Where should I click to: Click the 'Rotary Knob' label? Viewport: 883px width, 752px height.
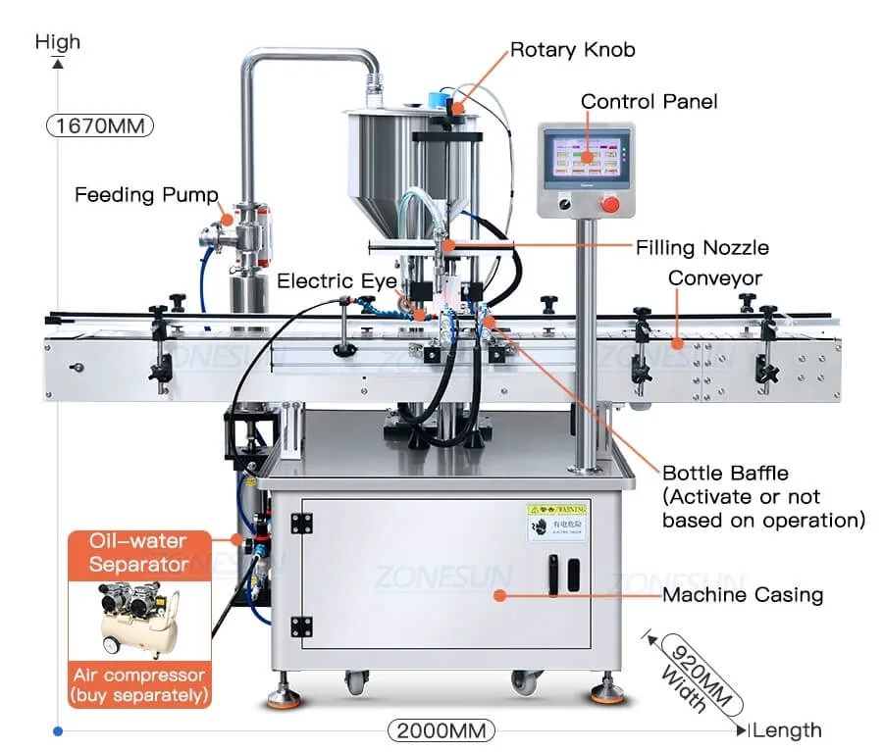coord(572,50)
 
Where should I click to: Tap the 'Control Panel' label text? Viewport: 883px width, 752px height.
coord(649,101)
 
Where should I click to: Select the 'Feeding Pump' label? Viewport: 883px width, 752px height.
coord(146,195)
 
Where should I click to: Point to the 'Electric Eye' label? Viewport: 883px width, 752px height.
coord(337,281)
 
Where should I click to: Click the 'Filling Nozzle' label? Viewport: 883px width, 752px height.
coord(701,247)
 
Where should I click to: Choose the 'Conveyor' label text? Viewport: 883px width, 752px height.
coord(714,278)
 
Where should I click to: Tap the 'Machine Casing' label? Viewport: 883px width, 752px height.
coord(743,594)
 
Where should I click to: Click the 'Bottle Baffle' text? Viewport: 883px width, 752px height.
coord(725,474)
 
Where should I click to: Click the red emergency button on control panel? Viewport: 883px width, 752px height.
coord(610,203)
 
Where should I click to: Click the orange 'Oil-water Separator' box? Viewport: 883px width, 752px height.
coord(138,553)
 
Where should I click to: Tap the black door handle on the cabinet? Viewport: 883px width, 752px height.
coord(552,574)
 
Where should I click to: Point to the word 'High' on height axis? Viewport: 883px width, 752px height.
coord(57,42)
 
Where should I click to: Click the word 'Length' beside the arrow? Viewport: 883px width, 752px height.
coord(789,730)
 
